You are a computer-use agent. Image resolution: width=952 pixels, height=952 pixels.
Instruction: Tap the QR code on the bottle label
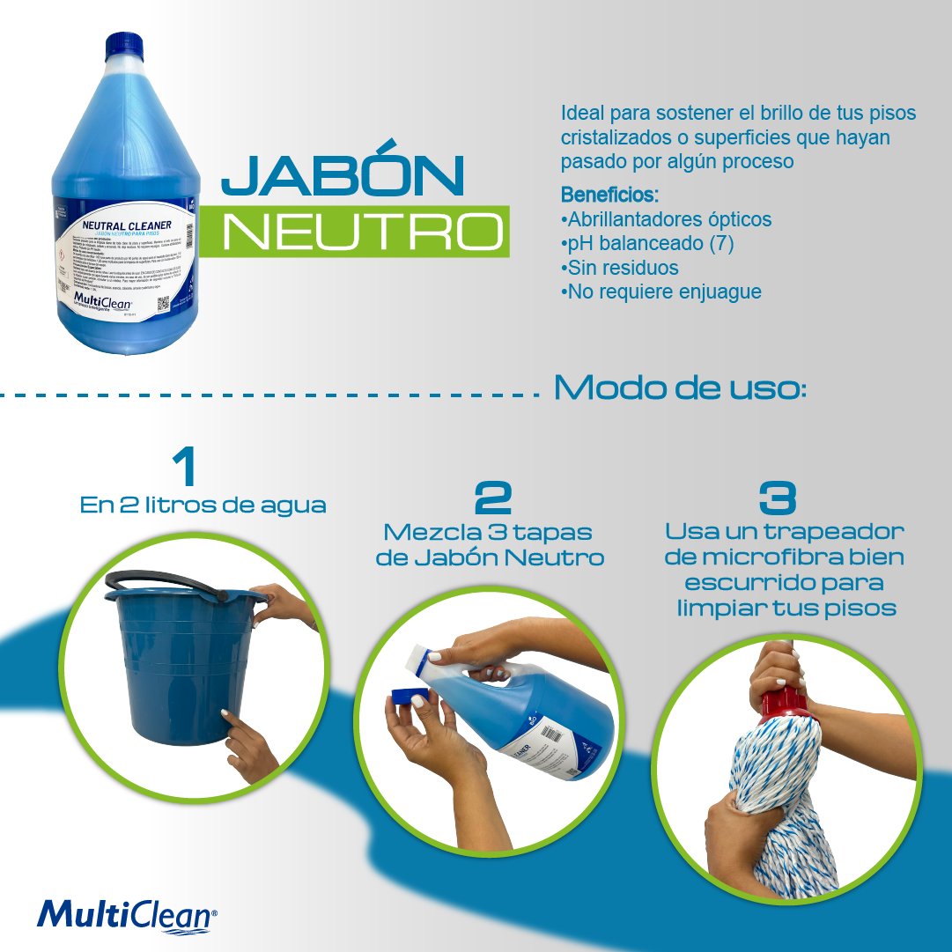162,305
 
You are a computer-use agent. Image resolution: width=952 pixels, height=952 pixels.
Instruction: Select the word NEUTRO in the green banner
362,231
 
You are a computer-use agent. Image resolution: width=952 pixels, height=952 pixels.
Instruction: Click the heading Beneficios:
609,194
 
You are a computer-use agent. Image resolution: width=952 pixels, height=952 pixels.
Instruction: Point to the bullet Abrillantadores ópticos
667,219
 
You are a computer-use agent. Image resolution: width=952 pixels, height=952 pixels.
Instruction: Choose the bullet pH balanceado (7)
647,243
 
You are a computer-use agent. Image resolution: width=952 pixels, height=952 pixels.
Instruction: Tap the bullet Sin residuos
620,267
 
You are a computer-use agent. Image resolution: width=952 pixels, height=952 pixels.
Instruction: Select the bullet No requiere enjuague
661,292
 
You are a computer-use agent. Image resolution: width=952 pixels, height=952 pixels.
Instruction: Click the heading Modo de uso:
679,387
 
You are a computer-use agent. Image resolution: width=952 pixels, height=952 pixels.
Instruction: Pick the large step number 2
493,498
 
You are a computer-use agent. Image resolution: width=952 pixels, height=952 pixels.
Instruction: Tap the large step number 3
779,498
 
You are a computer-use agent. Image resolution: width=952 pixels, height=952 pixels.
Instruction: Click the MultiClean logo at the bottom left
126,913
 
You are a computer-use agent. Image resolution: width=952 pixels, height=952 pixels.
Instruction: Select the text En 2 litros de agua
203,506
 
